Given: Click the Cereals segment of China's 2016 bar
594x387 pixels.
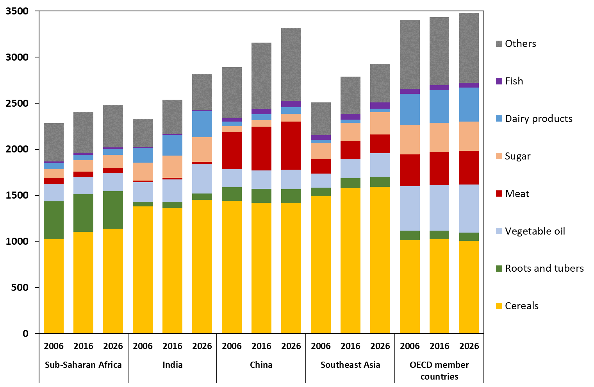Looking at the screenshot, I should (261, 268).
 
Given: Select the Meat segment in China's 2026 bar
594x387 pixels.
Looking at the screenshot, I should (291, 145).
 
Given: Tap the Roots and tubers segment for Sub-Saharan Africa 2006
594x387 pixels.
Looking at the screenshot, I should (54, 220).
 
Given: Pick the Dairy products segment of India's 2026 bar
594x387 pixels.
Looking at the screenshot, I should (202, 124).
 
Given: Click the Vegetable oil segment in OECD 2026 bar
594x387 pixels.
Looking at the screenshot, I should (469, 208).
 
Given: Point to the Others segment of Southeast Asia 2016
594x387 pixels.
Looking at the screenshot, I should (350, 95).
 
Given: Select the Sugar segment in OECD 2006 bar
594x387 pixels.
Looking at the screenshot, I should (410, 140).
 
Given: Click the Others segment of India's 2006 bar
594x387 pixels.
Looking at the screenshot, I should (143, 133).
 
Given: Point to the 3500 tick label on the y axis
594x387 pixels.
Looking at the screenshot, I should (17, 11).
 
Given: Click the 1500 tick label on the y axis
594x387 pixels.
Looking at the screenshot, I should (17, 195).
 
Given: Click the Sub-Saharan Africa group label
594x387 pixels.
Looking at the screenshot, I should (83, 365).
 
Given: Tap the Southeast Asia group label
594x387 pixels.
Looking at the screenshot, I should (350, 365).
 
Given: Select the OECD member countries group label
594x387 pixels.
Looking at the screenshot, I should (439, 370).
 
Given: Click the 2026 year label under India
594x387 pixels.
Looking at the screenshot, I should (202, 346).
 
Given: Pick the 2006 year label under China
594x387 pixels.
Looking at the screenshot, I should (232, 346).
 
